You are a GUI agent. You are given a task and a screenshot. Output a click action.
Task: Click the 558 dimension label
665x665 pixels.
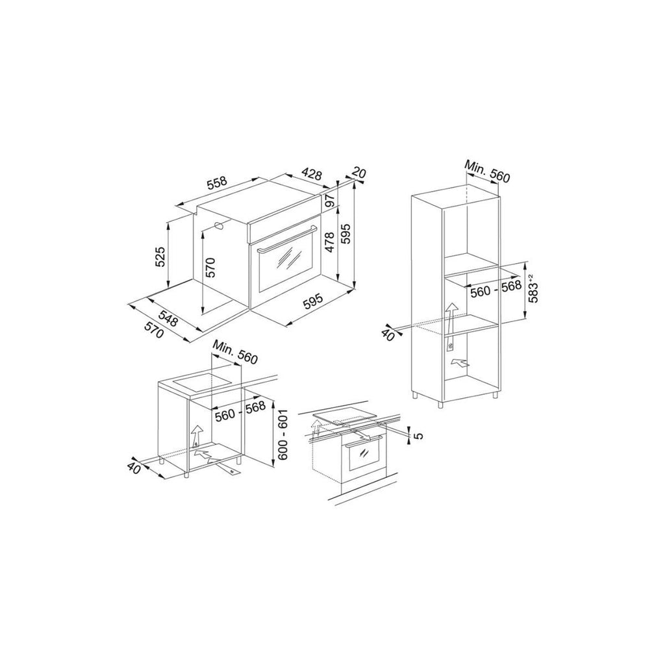point(218,182)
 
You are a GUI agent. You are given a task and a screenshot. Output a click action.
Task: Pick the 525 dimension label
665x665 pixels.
point(160,257)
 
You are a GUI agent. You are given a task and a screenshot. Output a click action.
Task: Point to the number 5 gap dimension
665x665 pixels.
point(418,435)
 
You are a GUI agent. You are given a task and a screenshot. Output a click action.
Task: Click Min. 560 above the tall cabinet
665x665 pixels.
point(486,171)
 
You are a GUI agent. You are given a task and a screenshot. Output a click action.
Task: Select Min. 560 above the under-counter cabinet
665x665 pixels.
point(235,352)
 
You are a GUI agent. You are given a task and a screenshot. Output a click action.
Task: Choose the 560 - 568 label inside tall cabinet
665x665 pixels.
point(496,288)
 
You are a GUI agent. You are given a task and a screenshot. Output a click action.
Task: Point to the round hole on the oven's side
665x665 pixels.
point(220,225)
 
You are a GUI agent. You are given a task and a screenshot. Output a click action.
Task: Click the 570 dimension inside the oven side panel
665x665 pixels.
point(211,268)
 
